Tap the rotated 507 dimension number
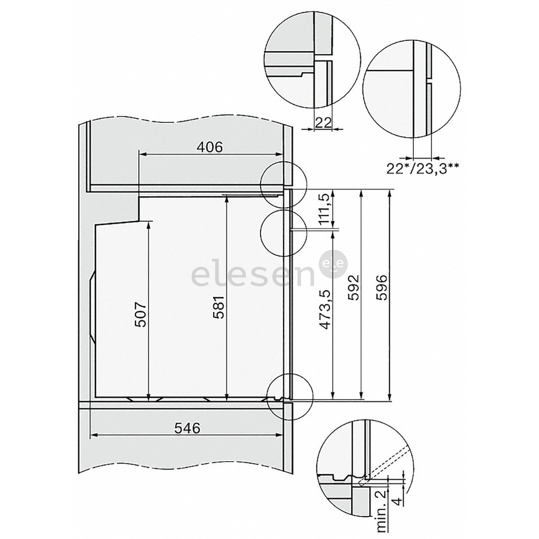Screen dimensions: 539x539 point(141,314)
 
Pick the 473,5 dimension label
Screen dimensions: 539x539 point(326,310)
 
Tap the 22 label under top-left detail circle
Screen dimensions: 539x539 point(324,123)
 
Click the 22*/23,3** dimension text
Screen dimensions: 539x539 point(423,168)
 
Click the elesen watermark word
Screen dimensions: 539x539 point(252,275)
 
